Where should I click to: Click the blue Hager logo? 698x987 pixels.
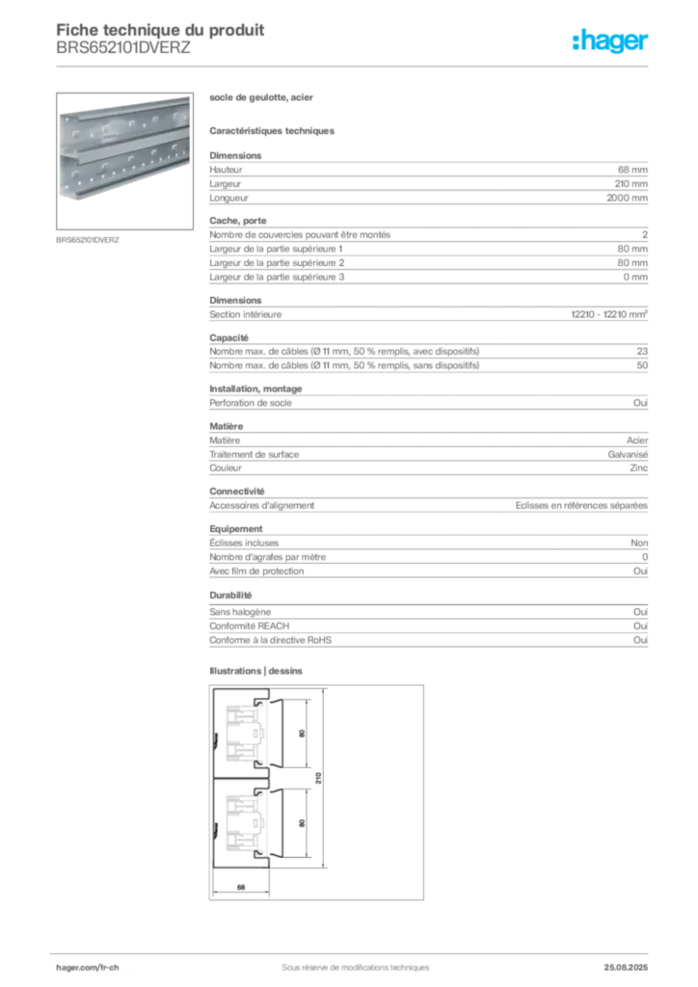pos(610,42)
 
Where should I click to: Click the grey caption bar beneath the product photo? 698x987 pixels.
pos(88,239)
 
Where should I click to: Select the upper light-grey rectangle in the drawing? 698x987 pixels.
pos(239,733)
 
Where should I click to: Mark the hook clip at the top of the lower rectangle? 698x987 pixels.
pos(256,792)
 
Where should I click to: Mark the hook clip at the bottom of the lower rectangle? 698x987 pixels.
pos(256,853)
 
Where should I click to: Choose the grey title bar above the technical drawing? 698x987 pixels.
pos(258,671)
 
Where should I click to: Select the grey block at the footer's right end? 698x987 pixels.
pos(632,961)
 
